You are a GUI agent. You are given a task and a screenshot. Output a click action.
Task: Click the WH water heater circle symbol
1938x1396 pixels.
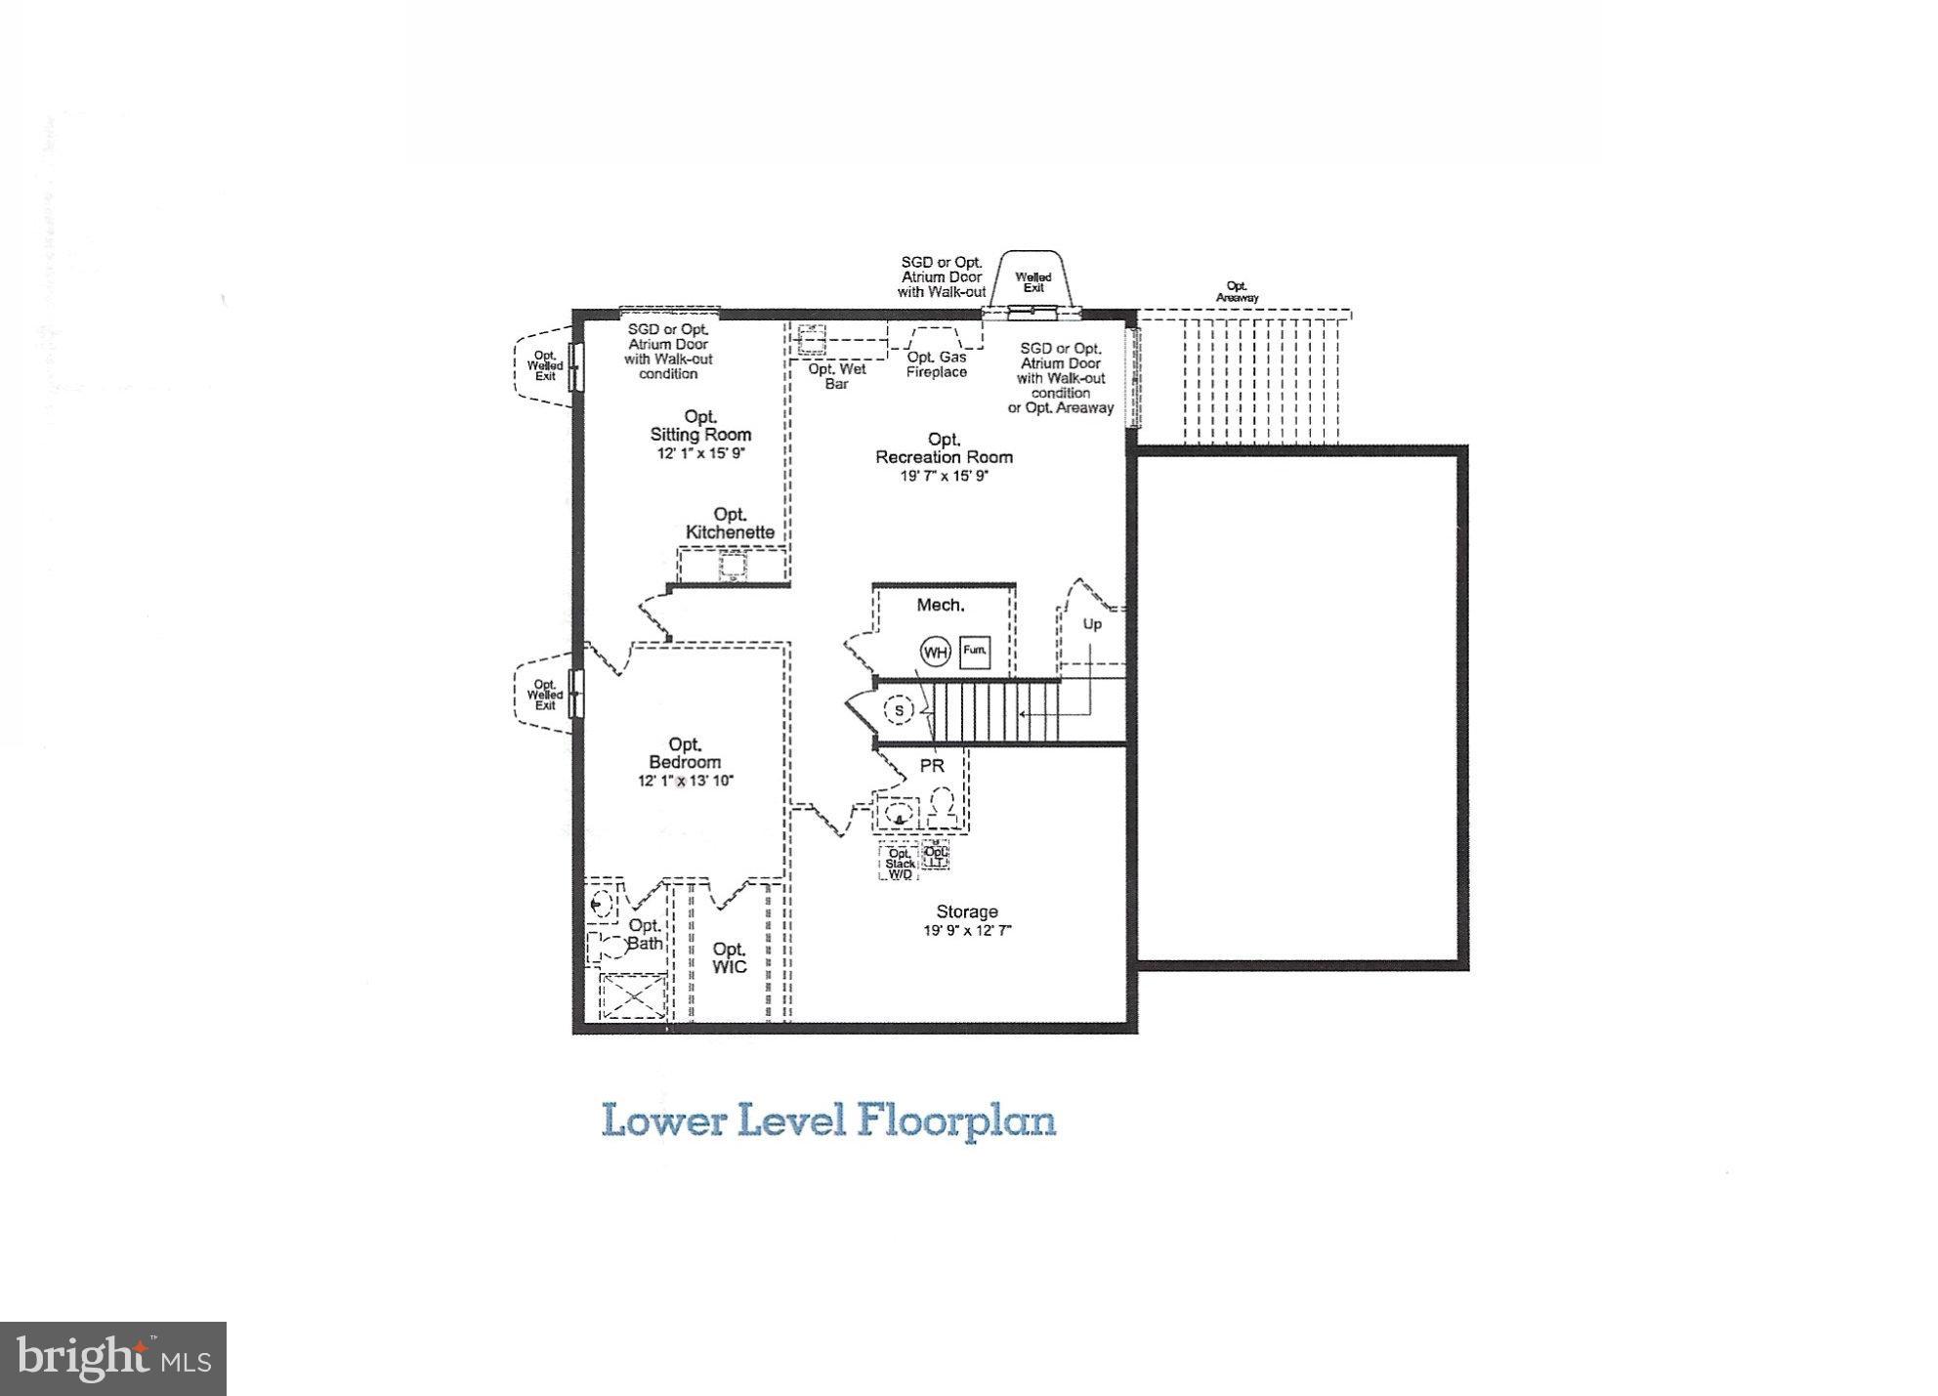click(x=935, y=652)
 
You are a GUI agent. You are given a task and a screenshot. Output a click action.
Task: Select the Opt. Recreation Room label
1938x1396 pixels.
click(x=944, y=448)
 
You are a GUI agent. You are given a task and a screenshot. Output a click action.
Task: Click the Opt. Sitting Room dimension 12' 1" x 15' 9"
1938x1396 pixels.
click(x=700, y=454)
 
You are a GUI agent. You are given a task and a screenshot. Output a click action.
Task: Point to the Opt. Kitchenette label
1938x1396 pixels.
click(x=730, y=524)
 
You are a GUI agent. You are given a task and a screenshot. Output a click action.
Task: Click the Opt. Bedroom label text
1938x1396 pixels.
click(x=685, y=753)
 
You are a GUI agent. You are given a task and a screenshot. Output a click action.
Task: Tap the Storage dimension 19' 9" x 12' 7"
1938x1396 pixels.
click(x=967, y=931)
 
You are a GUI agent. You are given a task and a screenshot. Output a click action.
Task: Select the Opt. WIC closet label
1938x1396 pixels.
click(x=729, y=957)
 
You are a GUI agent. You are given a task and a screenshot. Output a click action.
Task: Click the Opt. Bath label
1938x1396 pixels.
click(x=645, y=934)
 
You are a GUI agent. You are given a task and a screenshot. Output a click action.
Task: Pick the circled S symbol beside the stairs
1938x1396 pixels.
click(x=899, y=710)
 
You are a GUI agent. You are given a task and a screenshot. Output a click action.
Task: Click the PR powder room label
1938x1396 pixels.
click(x=932, y=766)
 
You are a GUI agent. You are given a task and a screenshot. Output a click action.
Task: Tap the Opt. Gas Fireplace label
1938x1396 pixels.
click(x=936, y=364)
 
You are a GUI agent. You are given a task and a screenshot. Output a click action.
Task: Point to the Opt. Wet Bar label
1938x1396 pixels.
click(x=836, y=376)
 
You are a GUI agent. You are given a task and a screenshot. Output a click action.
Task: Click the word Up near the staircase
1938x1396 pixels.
click(x=1092, y=623)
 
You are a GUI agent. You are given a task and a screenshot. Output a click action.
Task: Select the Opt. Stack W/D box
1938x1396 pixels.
click(x=900, y=863)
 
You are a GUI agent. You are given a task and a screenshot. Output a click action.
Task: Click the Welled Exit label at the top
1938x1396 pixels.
click(x=1033, y=282)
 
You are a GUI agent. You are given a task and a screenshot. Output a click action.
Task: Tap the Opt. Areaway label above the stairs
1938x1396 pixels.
click(x=1237, y=292)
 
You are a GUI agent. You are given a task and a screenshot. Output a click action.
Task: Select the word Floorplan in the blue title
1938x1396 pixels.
click(x=957, y=1120)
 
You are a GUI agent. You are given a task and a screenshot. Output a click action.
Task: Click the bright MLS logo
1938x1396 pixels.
click(x=113, y=1359)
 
